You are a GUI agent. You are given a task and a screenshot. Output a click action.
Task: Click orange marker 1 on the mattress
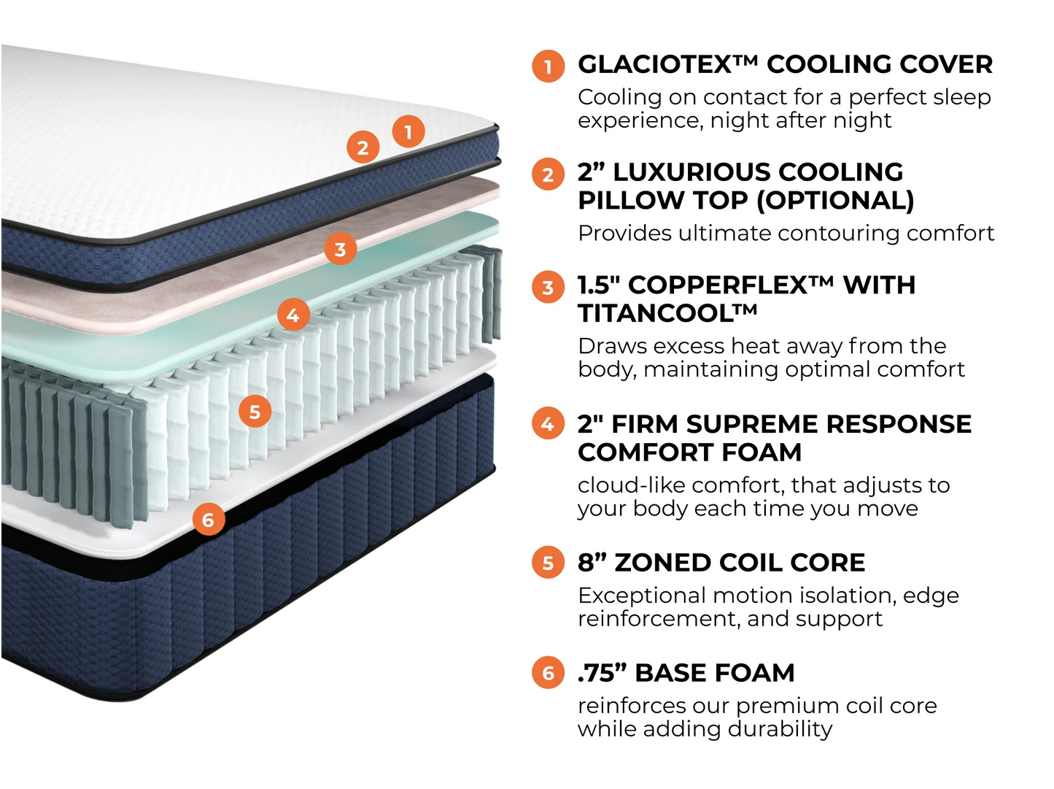[408, 131]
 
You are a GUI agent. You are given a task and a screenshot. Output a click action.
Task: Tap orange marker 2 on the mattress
[363, 147]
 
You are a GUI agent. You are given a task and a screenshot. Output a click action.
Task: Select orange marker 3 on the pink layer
[340, 250]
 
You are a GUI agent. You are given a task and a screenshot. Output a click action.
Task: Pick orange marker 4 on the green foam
[293, 315]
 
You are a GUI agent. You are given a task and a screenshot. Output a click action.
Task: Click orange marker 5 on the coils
[255, 412]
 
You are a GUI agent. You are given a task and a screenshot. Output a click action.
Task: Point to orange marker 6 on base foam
[209, 520]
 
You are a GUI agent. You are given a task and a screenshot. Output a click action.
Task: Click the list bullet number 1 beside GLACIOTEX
[548, 66]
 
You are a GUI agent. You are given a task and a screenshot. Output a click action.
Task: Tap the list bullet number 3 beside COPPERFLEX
[548, 288]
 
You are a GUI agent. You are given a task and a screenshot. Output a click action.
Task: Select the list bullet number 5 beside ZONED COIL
[548, 563]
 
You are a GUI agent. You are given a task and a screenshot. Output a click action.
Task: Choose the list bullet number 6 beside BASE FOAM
[548, 673]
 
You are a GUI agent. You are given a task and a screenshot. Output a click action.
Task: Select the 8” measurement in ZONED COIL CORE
[592, 563]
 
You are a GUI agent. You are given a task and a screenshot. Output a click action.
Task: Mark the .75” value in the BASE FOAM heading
[602, 673]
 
